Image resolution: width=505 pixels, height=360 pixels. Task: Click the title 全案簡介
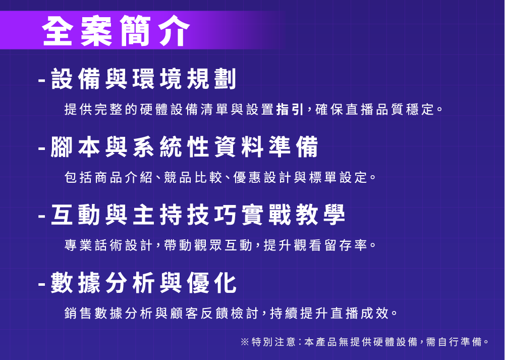pos(116,31)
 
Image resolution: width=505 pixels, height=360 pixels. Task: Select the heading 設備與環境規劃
pos(144,79)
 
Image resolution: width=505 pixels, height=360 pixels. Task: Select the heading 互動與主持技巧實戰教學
pos(198,215)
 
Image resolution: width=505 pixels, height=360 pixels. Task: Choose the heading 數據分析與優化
pos(144,283)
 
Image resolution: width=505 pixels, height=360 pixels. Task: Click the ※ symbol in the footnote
pos(245,342)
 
